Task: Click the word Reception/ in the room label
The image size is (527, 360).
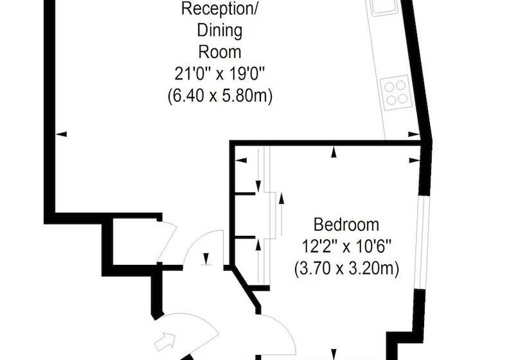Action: pyautogui.click(x=219, y=9)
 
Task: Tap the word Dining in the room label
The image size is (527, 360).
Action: pyautogui.click(x=219, y=31)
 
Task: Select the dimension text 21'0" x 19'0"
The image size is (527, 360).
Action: pyautogui.click(x=220, y=74)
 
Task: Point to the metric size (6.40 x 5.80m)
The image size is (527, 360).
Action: pyautogui.click(x=220, y=96)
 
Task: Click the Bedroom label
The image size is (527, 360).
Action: pyautogui.click(x=346, y=224)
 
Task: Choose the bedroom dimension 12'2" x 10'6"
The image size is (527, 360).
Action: pyautogui.click(x=346, y=247)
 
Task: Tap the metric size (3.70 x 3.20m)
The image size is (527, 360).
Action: pyautogui.click(x=346, y=269)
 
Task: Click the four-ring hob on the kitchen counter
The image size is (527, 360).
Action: pyautogui.click(x=396, y=93)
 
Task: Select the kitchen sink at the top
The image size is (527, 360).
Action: pyautogui.click(x=384, y=6)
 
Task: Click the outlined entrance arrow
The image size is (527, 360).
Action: pyautogui.click(x=165, y=341)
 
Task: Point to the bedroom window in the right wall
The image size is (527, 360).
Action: pyautogui.click(x=421, y=241)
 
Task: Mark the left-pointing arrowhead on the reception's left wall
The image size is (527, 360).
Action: pyautogui.click(x=61, y=134)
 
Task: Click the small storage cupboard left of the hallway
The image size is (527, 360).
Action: pyautogui.click(x=135, y=242)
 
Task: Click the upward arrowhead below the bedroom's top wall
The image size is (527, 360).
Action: pyautogui.click(x=334, y=152)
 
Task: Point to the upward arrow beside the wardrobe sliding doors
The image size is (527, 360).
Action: pyautogui.click(x=281, y=214)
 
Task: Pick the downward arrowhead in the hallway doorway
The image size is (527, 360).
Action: pyautogui.click(x=206, y=258)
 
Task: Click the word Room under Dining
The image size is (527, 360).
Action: pyautogui.click(x=220, y=52)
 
